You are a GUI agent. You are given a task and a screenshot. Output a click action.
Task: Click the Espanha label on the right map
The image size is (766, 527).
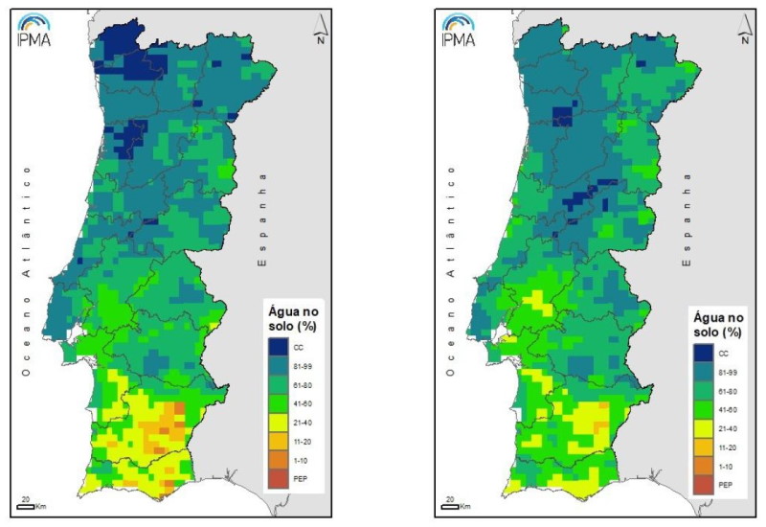click(687, 219)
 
